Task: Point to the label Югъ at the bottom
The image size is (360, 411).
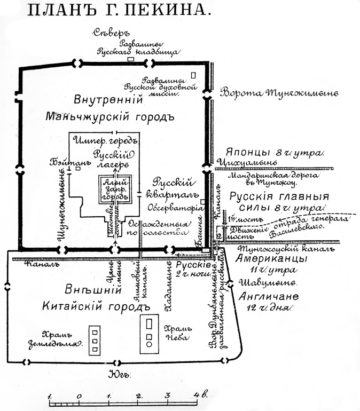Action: [x=118, y=373]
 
